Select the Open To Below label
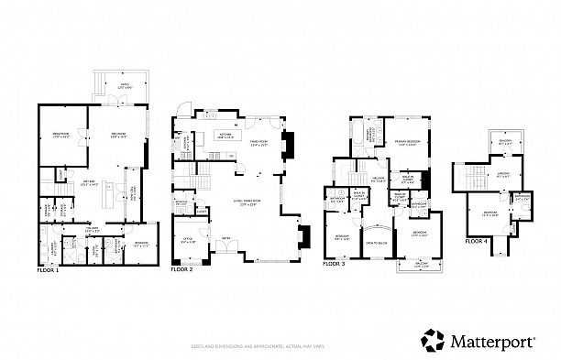[374, 242]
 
